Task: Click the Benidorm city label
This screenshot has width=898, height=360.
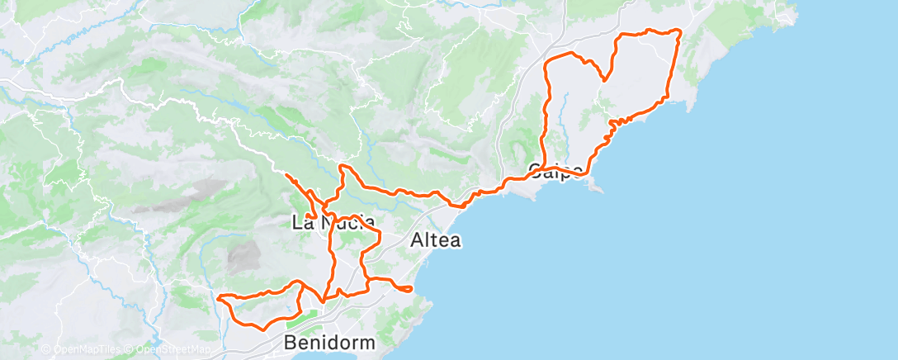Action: (328, 342)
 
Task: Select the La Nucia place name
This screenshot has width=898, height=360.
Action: (333, 221)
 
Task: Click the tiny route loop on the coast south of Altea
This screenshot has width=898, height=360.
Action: (404, 288)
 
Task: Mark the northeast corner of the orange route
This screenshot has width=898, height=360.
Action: (679, 31)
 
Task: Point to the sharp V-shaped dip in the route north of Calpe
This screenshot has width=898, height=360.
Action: (605, 80)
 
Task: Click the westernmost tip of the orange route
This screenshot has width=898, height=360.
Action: (218, 296)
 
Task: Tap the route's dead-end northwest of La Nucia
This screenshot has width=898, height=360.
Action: (286, 175)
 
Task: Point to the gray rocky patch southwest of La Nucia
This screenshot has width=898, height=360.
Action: (242, 258)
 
